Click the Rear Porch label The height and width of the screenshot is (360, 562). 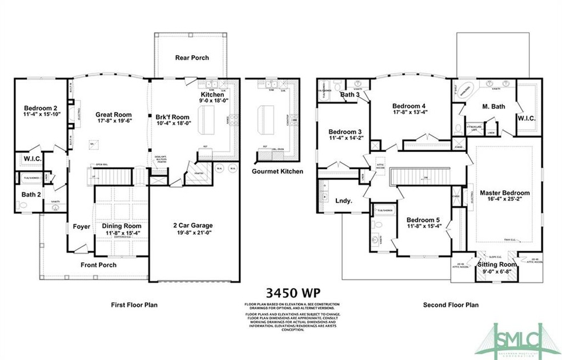(x=192, y=58)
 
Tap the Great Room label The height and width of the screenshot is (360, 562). (x=113, y=115)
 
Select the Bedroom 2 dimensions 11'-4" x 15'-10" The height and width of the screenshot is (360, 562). (x=41, y=115)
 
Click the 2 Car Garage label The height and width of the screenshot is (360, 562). (x=194, y=226)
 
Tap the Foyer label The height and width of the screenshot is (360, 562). (x=82, y=227)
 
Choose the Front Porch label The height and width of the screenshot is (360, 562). (x=98, y=265)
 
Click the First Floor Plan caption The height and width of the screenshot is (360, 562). (x=134, y=305)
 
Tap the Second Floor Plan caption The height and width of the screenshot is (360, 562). (x=451, y=305)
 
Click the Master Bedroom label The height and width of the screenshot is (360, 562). (x=504, y=193)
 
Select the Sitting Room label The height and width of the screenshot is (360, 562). (x=493, y=266)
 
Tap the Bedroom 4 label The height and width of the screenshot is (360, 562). (x=410, y=106)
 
